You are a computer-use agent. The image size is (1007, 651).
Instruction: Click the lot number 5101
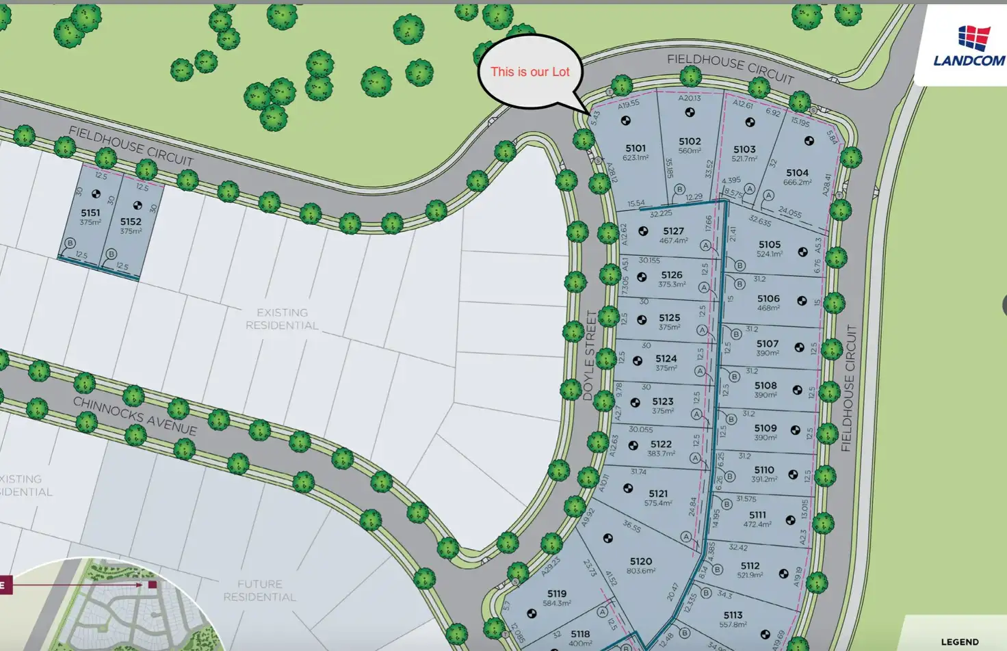point(635,148)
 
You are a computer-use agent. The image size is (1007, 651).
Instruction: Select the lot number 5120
point(641,561)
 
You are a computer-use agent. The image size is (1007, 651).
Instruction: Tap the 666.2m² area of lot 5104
point(797,183)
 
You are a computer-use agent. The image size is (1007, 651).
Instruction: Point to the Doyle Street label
point(589,355)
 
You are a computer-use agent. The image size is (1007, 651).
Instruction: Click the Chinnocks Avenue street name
point(135,416)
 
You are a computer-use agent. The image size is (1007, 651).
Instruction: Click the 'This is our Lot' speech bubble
point(529,72)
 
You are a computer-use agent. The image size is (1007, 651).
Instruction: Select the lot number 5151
point(90,213)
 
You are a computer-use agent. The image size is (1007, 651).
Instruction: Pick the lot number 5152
point(131,222)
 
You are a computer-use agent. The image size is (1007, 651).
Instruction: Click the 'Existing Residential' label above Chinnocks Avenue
point(282,319)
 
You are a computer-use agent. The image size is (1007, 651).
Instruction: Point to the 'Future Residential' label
point(259,591)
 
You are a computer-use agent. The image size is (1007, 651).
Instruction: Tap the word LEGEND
point(959,642)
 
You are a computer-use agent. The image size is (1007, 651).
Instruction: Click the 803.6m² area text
point(641,571)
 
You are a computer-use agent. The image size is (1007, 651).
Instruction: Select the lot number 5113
point(733,615)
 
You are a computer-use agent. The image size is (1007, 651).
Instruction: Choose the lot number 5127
point(673,231)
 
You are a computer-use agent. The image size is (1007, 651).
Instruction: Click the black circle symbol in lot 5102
point(690,112)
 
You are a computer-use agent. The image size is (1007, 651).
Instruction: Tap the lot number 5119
point(556,594)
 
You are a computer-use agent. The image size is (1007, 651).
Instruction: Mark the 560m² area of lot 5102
point(690,151)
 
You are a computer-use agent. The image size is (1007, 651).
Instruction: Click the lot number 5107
point(767,344)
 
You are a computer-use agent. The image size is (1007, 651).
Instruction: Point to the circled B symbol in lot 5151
point(70,243)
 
